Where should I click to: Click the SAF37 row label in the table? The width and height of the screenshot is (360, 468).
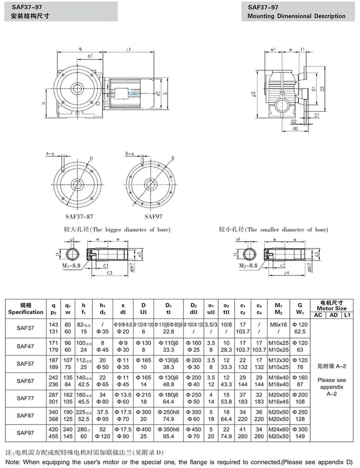tap(25, 328)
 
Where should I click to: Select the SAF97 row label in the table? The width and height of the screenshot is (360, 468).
tap(25, 432)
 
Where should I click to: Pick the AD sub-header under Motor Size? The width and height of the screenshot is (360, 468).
tap(334, 315)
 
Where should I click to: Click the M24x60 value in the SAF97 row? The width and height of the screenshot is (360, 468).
tap(279, 429)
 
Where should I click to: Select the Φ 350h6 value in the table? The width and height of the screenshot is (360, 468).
tap(168, 429)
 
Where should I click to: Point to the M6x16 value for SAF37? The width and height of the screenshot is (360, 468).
tap(279, 324)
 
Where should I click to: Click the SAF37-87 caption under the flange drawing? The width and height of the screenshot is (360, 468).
tap(79, 216)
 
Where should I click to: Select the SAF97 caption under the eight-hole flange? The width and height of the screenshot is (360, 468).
tap(153, 216)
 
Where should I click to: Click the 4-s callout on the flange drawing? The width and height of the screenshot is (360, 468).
tap(50, 154)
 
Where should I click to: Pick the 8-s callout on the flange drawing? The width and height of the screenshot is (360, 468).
tap(130, 154)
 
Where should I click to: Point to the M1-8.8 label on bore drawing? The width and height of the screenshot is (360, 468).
tap(71, 266)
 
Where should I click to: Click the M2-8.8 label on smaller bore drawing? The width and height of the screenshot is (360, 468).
tap(248, 266)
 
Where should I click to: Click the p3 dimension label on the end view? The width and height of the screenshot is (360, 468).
tap(254, 94)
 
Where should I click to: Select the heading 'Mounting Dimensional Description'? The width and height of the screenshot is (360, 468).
tap(296, 16)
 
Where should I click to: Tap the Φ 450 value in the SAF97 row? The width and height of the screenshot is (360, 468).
tap(194, 429)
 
